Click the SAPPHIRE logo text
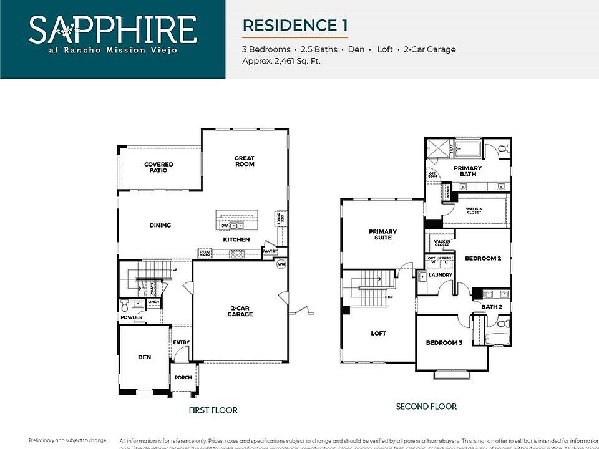point(112,30)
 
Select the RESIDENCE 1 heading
point(295,26)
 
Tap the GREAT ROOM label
point(244,161)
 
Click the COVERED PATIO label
point(158,167)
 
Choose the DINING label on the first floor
point(160,225)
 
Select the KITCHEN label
point(236,239)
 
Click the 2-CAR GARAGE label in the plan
point(240,311)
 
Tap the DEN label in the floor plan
point(144,357)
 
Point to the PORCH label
point(183,377)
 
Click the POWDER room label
point(132,317)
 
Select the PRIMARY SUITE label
point(382,234)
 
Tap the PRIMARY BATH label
point(467,171)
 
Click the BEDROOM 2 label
point(483,258)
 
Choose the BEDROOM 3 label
point(444,343)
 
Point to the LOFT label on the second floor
point(378,333)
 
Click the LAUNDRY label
point(440,274)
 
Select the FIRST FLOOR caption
point(213,410)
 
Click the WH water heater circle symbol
point(281,264)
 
